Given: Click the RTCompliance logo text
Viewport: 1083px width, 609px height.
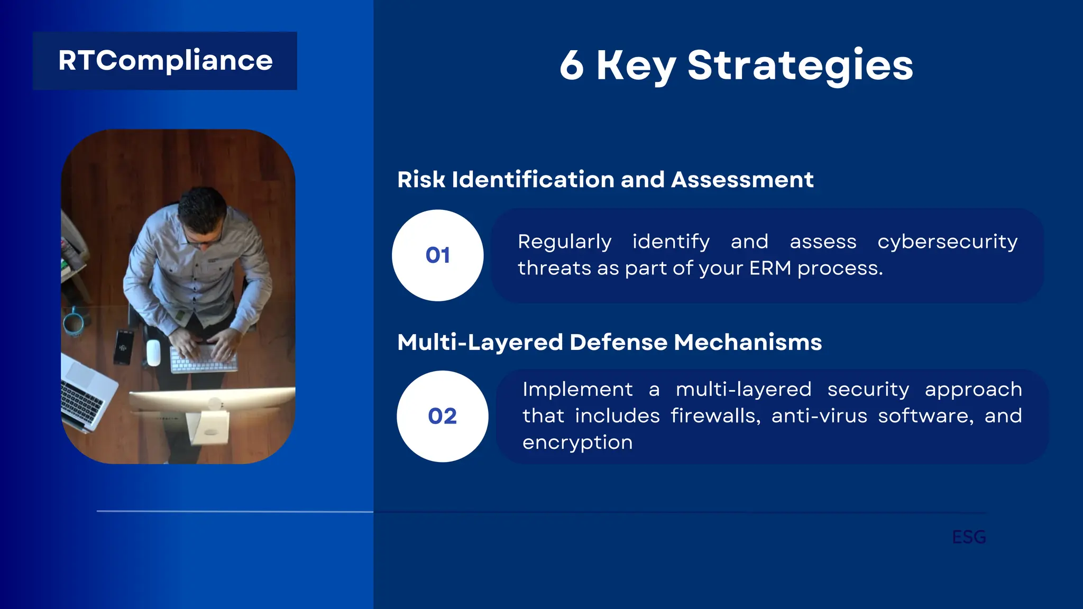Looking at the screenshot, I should [x=165, y=61].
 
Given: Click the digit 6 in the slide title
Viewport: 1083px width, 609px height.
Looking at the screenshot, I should [x=572, y=66].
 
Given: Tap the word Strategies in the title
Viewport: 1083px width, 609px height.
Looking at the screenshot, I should [x=800, y=66].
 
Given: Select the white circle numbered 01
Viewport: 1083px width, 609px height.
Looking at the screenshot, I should [x=437, y=255].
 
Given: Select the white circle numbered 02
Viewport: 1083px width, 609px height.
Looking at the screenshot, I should [x=442, y=416].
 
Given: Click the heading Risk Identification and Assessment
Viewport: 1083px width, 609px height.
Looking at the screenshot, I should [x=605, y=180].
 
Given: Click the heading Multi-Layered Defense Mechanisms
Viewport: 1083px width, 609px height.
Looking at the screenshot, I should [x=609, y=342].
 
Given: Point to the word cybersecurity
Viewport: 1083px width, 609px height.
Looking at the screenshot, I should [x=947, y=242].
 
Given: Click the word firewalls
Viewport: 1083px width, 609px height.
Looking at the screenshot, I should [x=715, y=416].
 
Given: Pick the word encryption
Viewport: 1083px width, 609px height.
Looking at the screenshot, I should [x=577, y=442].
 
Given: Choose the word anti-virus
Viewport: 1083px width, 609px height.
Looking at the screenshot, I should [x=819, y=416].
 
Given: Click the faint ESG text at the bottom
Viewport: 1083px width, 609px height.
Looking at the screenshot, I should [x=969, y=537].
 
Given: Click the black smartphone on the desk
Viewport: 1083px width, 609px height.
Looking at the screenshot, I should [x=123, y=346].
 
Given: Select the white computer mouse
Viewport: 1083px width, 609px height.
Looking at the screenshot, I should [x=153, y=352].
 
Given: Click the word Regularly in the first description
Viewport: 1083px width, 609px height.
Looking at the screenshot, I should [x=564, y=242].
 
